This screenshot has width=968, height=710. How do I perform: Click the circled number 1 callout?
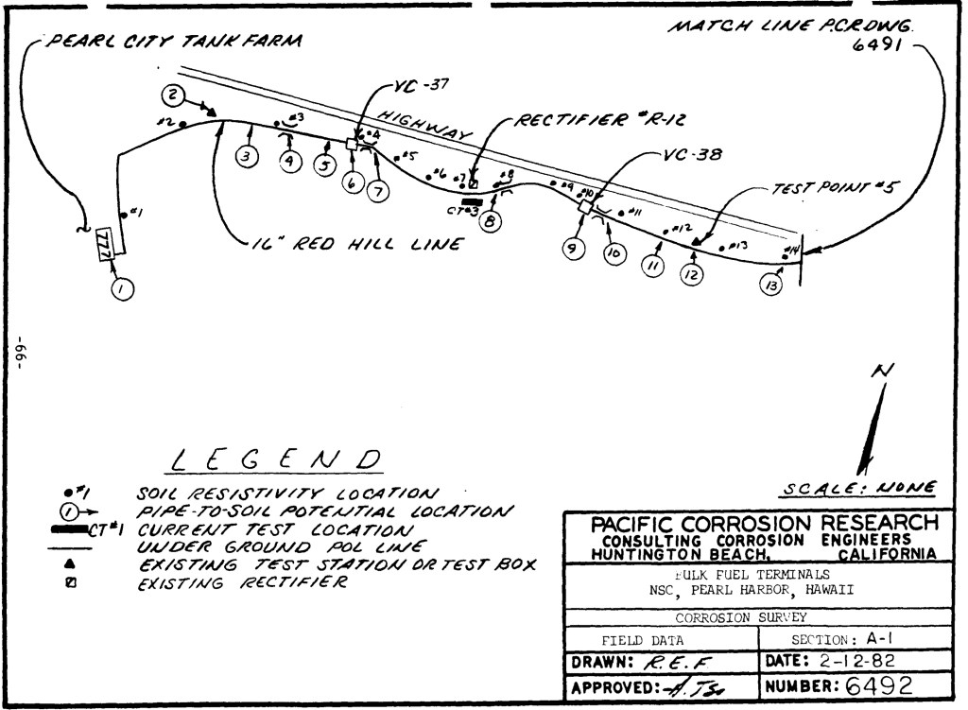coord(122,289)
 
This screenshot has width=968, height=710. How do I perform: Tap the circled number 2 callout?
coord(172,95)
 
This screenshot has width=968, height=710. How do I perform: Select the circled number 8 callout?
coord(492,222)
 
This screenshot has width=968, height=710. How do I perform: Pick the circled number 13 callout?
coord(771,285)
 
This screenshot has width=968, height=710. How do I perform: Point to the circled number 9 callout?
coord(572,248)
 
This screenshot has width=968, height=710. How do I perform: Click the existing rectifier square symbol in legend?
coord(69,582)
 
